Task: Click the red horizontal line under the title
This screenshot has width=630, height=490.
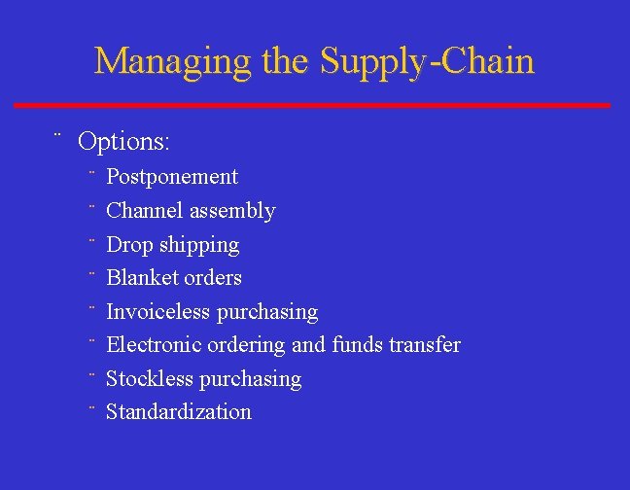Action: [312, 105]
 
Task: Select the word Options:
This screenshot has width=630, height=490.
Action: [124, 142]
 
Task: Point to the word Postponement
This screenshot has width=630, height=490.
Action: [172, 177]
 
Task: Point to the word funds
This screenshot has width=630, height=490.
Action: [358, 345]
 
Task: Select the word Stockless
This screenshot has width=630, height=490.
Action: [150, 379]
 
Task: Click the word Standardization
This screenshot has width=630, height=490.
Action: [179, 412]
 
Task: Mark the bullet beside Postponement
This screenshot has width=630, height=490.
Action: [89, 171]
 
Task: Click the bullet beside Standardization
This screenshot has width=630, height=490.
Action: [89, 406]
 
